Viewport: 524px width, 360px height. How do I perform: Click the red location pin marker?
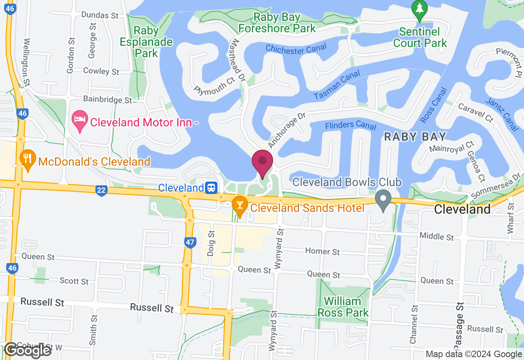(x=262, y=163)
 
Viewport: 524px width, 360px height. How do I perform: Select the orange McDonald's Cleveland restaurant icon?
(x=27, y=160)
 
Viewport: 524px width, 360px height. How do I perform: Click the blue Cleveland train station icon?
(x=211, y=188)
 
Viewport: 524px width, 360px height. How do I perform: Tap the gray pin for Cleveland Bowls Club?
(x=383, y=200)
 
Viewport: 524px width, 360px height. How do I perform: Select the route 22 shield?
(x=101, y=190)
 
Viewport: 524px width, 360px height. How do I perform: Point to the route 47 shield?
(x=190, y=242)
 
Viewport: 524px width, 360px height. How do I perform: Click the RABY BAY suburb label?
(x=415, y=137)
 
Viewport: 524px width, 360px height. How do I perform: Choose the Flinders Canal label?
(x=350, y=126)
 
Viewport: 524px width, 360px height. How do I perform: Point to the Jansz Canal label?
(x=501, y=114)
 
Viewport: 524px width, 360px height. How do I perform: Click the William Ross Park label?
(x=346, y=307)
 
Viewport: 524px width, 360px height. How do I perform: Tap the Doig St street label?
(x=211, y=243)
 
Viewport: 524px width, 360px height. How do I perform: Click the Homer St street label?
(x=323, y=251)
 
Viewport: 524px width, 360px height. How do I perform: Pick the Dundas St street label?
(x=100, y=15)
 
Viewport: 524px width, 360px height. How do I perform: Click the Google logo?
(x=28, y=350)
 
